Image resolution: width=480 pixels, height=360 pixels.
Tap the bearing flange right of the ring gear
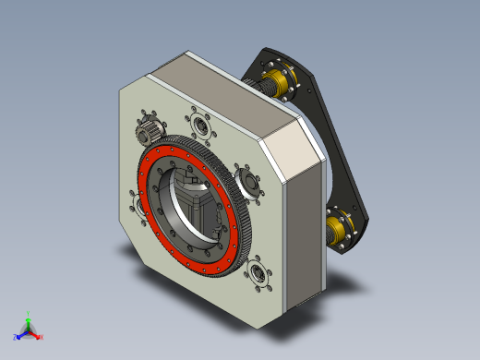coord(247,178)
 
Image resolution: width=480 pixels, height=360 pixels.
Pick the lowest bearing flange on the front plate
coord(258,274)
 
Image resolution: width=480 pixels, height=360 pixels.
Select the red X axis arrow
coord(38,336)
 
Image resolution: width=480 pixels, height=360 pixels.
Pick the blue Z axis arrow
coord(18,335)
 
